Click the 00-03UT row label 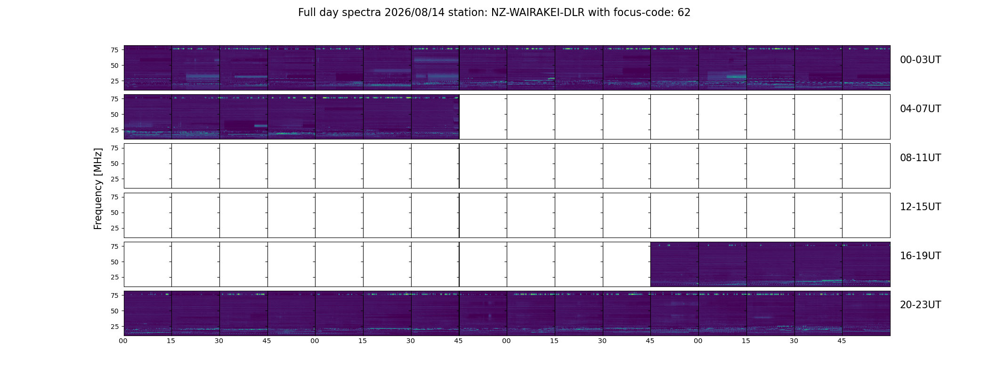coord(920,60)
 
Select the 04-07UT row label coord(920,109)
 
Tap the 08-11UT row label coord(920,158)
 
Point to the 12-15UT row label coord(920,207)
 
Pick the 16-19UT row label coord(920,256)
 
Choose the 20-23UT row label coord(920,305)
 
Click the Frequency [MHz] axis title coord(98,188)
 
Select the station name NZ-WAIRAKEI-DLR coord(538,13)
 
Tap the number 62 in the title coord(684,13)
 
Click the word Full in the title coord(307,13)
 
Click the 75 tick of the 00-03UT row coord(114,50)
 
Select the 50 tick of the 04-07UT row coord(114,115)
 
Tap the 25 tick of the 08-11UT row coord(114,179)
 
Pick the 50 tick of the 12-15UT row coord(114,213)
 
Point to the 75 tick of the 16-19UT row coord(114,246)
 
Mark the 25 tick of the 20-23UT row coord(114,327)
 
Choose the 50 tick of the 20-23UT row coord(114,311)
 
